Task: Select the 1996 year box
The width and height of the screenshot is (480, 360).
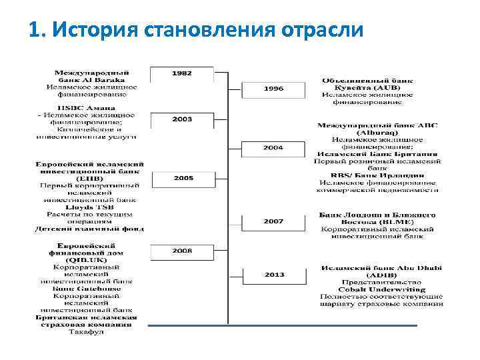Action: tap(273, 88)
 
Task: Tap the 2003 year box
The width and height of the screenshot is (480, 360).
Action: tap(181, 119)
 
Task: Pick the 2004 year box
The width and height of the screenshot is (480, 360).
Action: tap(273, 147)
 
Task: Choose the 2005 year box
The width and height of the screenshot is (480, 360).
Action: tap(183, 178)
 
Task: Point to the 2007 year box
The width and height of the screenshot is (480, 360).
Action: tap(273, 221)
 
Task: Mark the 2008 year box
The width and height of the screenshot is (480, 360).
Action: tap(181, 251)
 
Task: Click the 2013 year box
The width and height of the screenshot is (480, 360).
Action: tap(273, 274)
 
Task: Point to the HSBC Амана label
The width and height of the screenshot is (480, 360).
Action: tap(86, 107)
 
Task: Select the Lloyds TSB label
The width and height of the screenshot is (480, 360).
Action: tap(86, 207)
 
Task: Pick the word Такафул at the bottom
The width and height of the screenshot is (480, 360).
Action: tap(86, 331)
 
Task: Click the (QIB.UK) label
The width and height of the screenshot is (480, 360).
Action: tap(86, 260)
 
